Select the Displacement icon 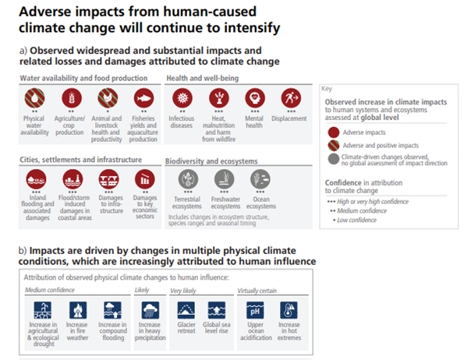coord(289,98)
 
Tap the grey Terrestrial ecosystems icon coord(187,179)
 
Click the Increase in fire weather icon coord(78,309)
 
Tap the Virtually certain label coord(257,291)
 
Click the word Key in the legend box coord(328,89)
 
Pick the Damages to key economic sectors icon coord(143,180)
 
